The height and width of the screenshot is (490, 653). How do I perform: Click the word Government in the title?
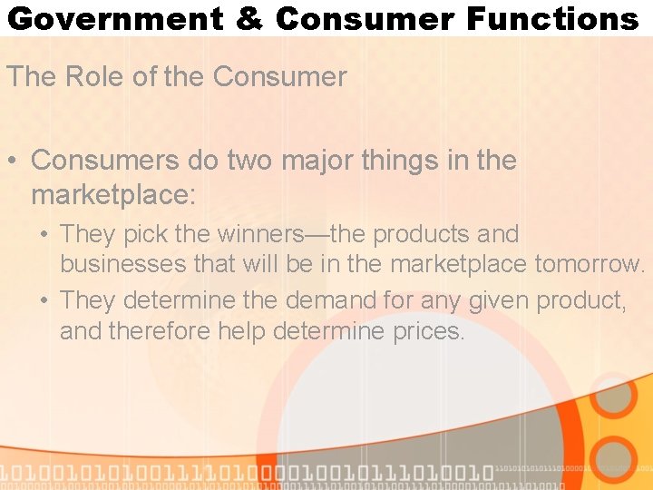(x=115, y=18)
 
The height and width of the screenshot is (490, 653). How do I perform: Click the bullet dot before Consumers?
(x=15, y=162)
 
